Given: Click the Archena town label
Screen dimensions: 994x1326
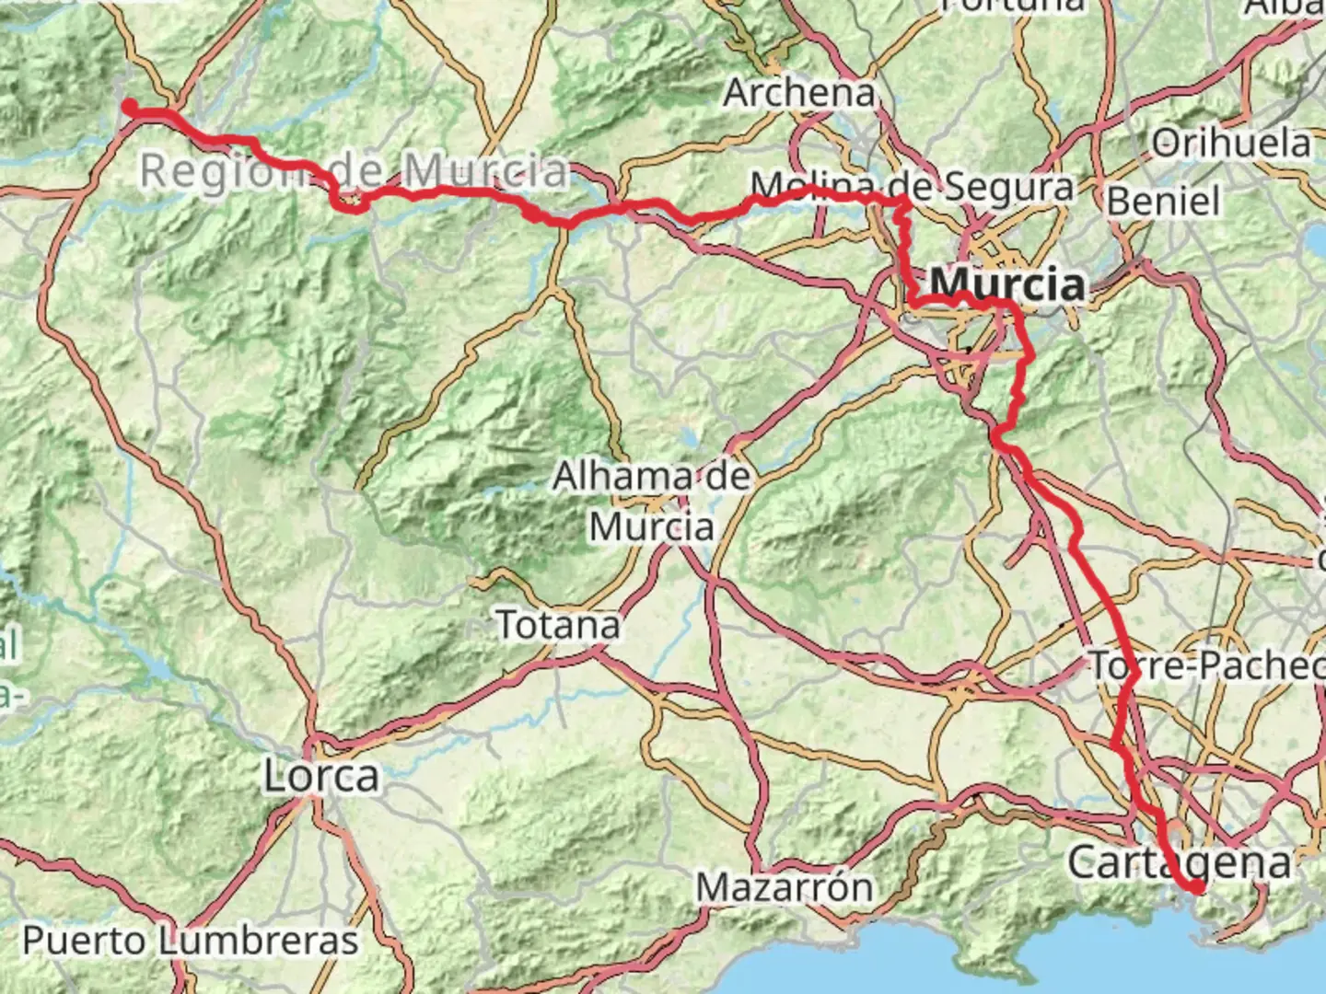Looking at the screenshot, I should tap(798, 92).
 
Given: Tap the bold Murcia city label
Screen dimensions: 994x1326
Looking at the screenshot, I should tap(1007, 283).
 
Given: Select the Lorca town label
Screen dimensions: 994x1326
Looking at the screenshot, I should tap(321, 776).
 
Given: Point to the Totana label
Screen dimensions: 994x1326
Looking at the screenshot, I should tap(558, 625).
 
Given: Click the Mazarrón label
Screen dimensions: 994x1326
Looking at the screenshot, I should tap(785, 887).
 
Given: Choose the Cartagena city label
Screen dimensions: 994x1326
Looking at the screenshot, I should tap(1179, 863).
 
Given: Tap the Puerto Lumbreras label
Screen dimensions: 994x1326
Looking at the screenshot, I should tap(190, 941).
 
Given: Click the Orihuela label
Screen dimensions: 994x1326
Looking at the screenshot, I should tap(1231, 143).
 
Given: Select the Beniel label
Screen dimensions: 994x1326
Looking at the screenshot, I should tap(1163, 201).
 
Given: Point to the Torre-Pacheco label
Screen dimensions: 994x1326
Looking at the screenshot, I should tap(1206, 665).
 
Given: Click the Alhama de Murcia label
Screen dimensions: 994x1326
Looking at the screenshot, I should tap(652, 502).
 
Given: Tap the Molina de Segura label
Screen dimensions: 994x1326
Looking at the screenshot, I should tap(912, 187).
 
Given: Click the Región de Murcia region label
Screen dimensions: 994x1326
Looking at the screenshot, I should tap(355, 171).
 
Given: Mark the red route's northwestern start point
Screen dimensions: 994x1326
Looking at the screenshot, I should tap(129, 106).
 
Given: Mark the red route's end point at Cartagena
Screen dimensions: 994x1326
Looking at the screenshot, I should tap(1197, 887).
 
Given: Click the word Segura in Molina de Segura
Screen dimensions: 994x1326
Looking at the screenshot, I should tap(1009, 187).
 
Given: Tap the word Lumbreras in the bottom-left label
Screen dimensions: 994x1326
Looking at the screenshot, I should tap(258, 941).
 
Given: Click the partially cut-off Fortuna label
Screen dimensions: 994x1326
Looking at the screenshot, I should tap(1013, 6).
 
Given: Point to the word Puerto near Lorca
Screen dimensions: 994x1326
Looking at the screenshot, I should tap(83, 941).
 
